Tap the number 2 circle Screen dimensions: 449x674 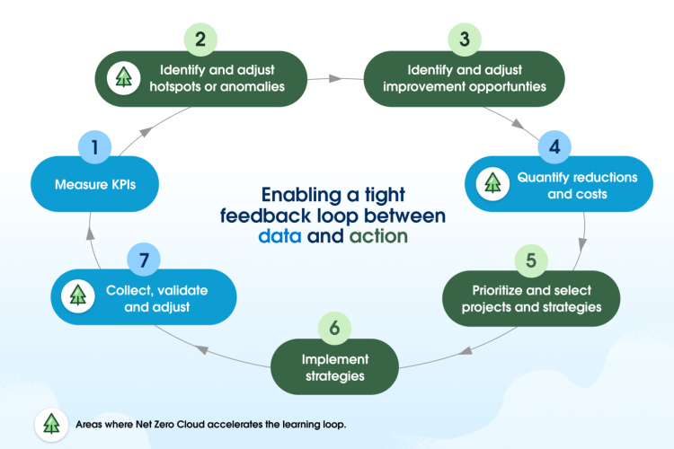click(x=201, y=40)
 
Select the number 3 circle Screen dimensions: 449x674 click(x=462, y=40)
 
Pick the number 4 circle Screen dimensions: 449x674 click(x=554, y=145)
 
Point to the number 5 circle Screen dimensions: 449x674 click(x=531, y=260)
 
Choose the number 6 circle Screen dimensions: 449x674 click(x=334, y=329)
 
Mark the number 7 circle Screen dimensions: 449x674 click(x=143, y=260)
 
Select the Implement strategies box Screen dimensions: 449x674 click(x=333, y=366)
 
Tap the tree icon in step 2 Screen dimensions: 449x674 click(x=122, y=78)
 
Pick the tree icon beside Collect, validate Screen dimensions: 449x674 click(x=78, y=296)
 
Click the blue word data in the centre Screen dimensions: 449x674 click(x=280, y=237)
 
